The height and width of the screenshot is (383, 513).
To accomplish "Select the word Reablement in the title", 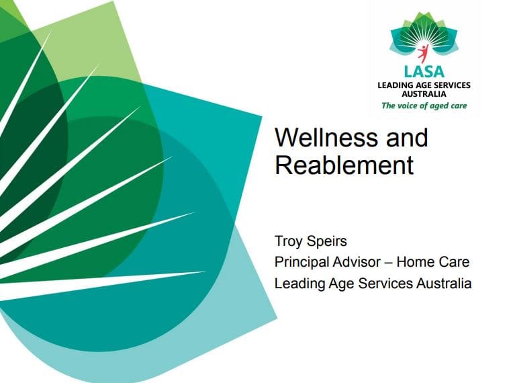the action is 344,165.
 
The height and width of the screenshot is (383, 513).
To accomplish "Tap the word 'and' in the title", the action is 408,138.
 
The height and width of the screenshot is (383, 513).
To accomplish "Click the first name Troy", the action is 288,242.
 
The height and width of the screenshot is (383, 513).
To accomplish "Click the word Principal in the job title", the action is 301,262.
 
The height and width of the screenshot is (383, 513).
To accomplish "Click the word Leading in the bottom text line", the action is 299,284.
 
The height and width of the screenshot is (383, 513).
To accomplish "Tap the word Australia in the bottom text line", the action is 444,284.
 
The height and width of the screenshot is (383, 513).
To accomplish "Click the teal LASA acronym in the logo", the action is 424,72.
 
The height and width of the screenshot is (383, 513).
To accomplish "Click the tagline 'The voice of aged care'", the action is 424,105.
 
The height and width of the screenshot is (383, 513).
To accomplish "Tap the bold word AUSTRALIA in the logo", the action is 424,94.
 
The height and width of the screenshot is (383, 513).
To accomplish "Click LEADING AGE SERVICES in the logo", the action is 424,85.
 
